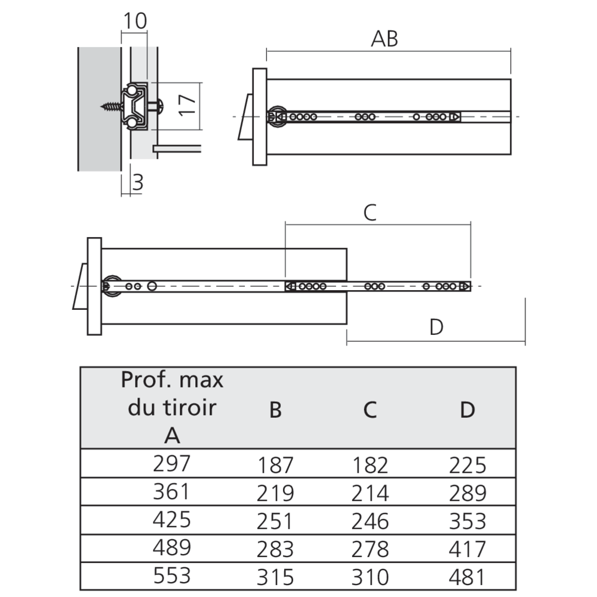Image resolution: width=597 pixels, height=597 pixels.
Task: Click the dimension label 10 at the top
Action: coord(135,21)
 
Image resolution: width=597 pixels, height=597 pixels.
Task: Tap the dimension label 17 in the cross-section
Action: coord(187,105)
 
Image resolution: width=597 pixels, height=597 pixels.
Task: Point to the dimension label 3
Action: coord(138,182)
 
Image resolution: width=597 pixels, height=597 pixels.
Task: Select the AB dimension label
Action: coord(384,39)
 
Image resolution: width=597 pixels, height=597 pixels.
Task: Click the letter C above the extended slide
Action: coord(370,213)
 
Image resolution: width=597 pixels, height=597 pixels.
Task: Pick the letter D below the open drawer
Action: coord(436,327)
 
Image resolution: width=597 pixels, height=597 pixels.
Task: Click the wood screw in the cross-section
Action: coord(112,106)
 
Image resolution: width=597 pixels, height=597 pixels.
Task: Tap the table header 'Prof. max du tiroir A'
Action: coord(172,407)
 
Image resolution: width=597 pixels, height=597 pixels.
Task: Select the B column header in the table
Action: coord(275,410)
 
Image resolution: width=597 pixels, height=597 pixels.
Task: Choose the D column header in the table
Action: coord(467,410)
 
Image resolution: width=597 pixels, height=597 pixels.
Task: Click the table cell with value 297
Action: coord(171,463)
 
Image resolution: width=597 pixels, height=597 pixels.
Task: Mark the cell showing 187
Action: coord(275,465)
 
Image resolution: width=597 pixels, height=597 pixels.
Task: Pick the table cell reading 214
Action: coord(370,494)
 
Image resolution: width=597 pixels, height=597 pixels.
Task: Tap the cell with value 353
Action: coord(467,521)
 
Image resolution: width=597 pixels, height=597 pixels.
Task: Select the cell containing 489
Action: coord(171,547)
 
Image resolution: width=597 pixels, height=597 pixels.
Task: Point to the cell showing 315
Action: coord(275,577)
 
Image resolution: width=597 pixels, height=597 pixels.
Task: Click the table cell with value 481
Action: coord(467,577)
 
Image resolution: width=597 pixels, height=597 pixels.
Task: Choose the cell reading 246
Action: coord(370,521)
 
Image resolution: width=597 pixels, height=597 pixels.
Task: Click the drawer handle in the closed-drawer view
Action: coord(245,117)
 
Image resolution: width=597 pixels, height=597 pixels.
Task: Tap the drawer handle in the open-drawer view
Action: coord(81,287)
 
